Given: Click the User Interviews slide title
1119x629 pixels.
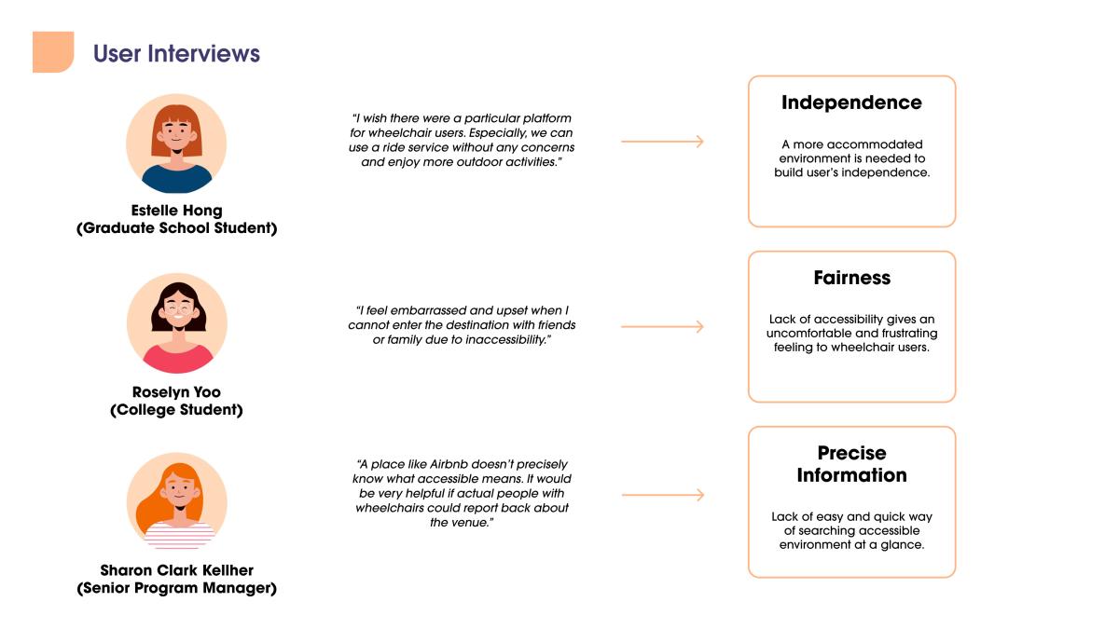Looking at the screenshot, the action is click(176, 53).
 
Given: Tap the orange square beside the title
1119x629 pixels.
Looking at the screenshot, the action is click(53, 52).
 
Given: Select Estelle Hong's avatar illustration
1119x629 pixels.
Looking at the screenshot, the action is click(176, 144).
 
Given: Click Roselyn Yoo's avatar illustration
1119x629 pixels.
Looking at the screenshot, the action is click(177, 323).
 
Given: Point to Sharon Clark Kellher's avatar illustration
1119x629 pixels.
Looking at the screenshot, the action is click(177, 501).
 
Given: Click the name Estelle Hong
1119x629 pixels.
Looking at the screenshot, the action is click(176, 211).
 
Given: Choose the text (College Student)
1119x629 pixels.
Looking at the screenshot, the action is click(176, 410).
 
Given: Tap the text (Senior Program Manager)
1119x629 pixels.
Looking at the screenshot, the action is click(176, 588).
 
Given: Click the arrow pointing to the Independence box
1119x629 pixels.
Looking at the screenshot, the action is click(662, 142).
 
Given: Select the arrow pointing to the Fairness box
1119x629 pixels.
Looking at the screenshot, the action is click(662, 326).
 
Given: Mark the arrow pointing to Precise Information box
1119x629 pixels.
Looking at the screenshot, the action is click(663, 495).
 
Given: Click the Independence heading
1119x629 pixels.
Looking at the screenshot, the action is click(851, 103).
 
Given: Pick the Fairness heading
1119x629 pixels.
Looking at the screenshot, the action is click(851, 278).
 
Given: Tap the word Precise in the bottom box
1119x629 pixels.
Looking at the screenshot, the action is click(851, 453).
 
